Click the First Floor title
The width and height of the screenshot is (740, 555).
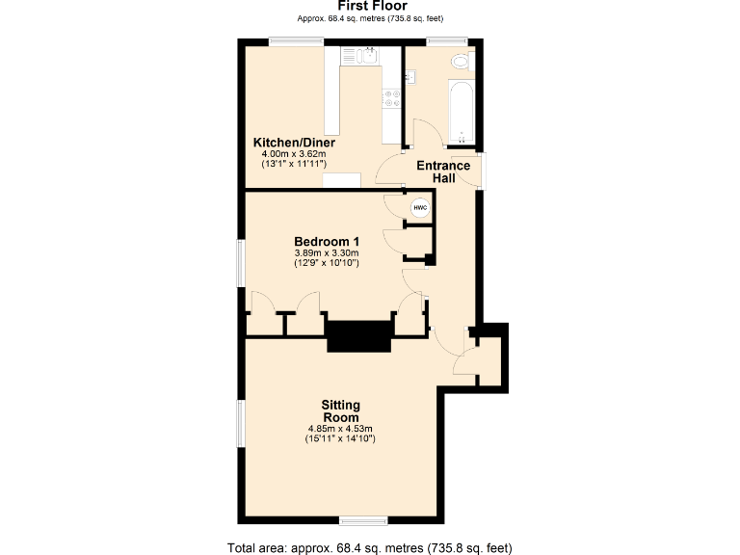371,7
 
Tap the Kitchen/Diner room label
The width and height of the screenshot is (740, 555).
294,143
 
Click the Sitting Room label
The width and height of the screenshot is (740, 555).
341,411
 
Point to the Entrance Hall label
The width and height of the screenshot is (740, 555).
443,172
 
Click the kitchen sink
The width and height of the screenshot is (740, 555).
365,56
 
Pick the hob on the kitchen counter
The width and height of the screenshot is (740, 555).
393,97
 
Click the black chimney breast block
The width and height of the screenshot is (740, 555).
359,335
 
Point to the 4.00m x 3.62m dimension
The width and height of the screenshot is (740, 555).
294,154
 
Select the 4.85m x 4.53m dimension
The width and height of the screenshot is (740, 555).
341,429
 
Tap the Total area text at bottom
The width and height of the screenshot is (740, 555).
370,548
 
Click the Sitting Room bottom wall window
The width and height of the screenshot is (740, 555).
363,521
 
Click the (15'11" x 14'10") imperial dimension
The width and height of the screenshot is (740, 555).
341,439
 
